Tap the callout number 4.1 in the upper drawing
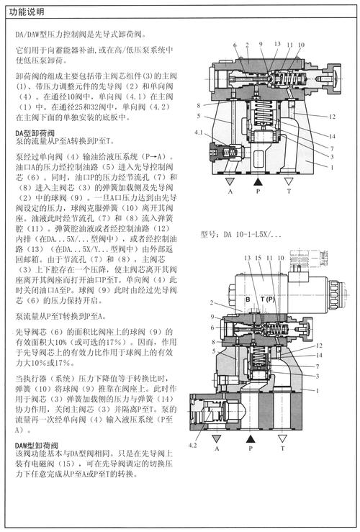(199, 132)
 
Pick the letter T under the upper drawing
(288, 193)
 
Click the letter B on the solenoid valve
(247, 298)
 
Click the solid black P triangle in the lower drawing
(250, 437)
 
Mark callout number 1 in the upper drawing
(333, 167)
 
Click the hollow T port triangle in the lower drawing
(284, 437)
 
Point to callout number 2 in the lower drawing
(192, 303)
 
